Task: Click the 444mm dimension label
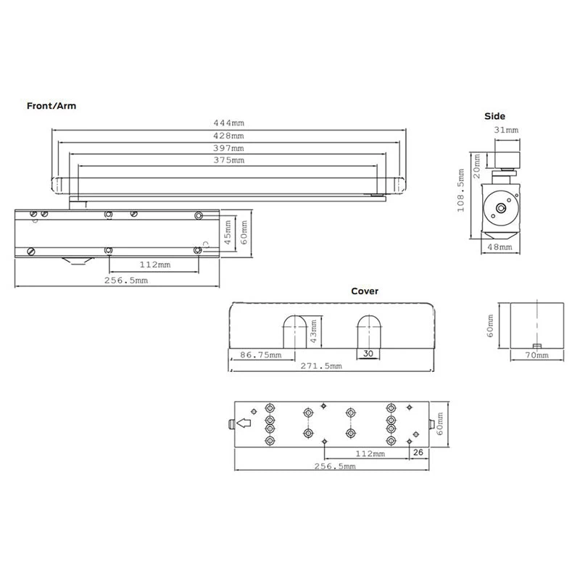pos(228,123)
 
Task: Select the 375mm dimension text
pos(228,160)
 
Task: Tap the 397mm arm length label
pos(228,148)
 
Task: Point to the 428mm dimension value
pos(228,136)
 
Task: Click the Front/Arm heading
pos(51,106)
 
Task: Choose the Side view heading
pos(494,116)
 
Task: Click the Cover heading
pos(365,291)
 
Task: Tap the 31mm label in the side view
pos(506,130)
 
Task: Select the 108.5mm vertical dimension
pos(460,191)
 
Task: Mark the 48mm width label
pos(500,246)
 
